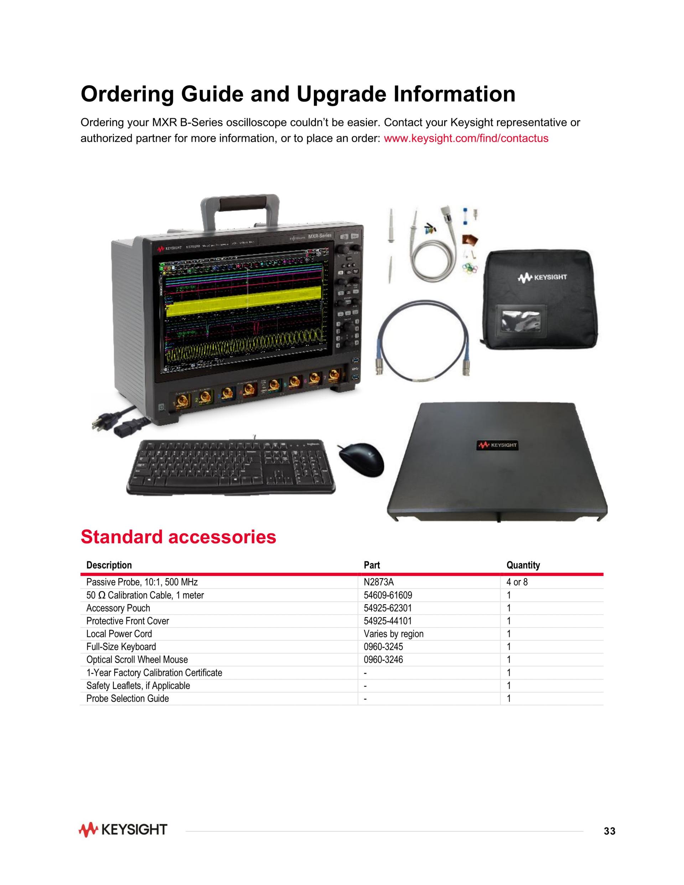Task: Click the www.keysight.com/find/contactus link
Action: [466, 138]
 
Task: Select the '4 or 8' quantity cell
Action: [517, 582]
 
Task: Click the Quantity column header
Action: [523, 565]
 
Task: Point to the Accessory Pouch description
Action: [118, 608]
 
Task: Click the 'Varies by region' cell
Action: [393, 634]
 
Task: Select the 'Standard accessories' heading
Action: [178, 537]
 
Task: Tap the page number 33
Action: [609, 831]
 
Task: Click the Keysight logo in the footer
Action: [123, 829]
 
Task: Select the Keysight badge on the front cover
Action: [498, 445]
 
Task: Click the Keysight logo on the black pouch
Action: [542, 278]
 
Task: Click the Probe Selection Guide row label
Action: [127, 699]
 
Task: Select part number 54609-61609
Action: [388, 595]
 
